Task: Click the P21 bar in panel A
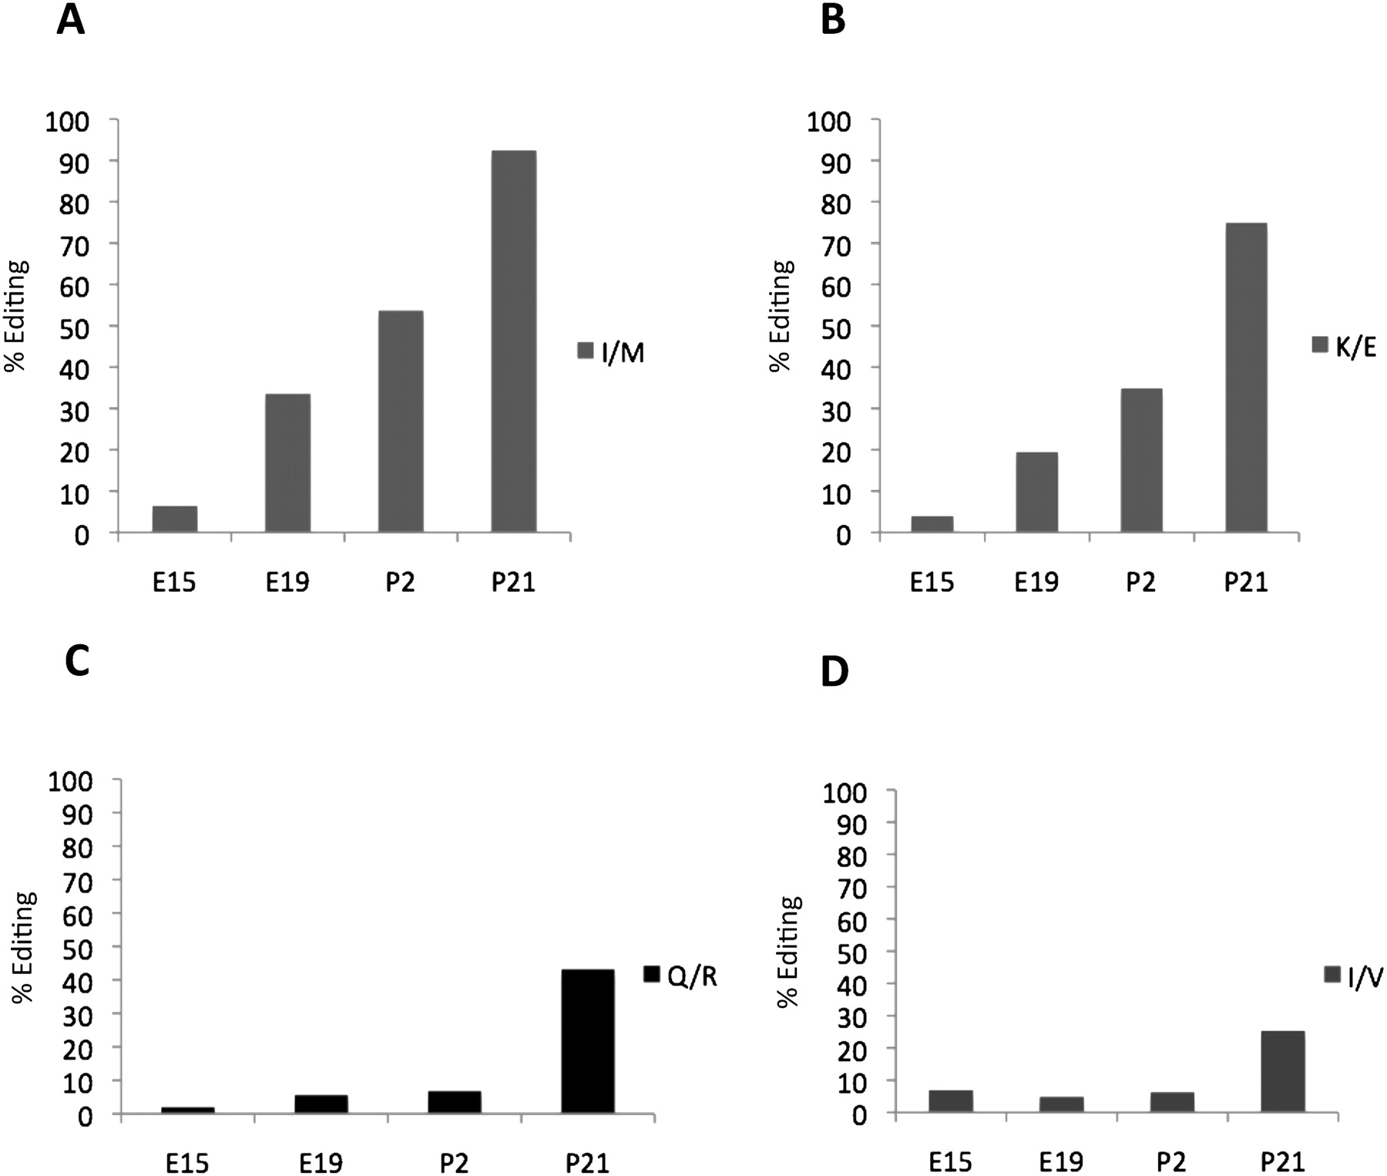click(513, 341)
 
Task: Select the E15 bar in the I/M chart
click(175, 519)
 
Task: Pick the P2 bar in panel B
click(1141, 460)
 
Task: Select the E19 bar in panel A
click(287, 462)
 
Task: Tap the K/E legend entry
click(1344, 347)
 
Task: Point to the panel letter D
click(835, 671)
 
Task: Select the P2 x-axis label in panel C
click(454, 1162)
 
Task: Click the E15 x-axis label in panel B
click(932, 582)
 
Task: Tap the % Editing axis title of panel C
click(25, 946)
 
